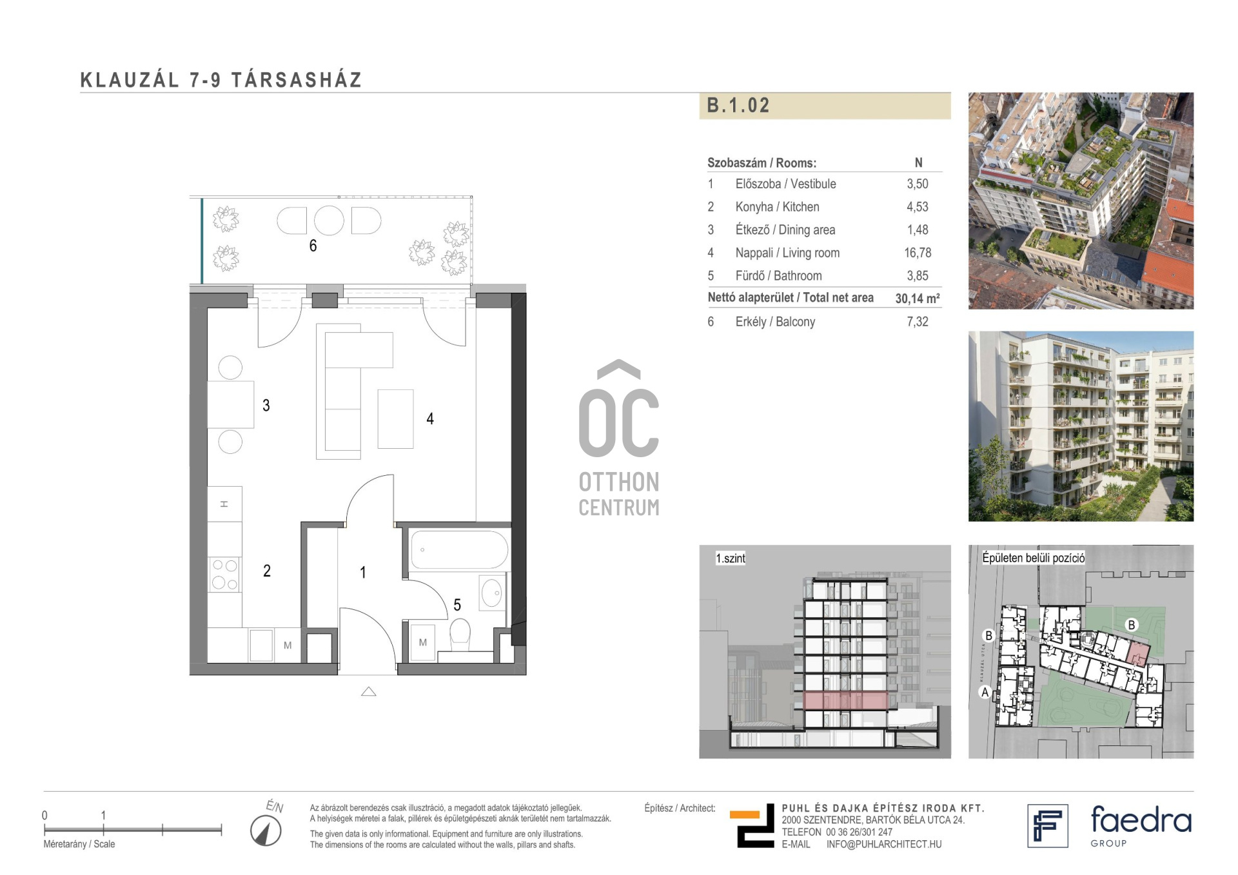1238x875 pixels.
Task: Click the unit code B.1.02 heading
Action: pos(738,105)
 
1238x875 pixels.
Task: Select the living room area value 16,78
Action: pos(918,253)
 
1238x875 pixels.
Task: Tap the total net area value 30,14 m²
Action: pos(917,298)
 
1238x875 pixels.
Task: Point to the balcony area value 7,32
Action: pos(918,322)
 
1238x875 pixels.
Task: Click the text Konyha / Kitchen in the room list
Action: pos(777,207)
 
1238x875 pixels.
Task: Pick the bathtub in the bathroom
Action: pos(459,549)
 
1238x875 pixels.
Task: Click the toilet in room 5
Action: pos(460,633)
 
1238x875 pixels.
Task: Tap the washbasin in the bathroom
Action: pos(492,593)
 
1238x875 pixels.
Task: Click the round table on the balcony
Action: pos(329,221)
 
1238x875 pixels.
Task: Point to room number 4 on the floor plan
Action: pos(430,418)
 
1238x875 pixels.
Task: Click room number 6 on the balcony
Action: pos(313,246)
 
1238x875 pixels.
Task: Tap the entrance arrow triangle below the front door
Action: pos(368,692)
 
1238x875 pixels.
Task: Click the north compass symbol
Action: pos(266,831)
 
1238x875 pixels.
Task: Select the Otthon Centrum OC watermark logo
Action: pos(619,438)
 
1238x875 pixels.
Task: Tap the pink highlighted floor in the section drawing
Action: pos(845,700)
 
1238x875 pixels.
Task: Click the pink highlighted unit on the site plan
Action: pos(1138,654)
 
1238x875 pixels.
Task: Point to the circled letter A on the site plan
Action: pos(985,693)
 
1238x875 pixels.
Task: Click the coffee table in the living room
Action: pos(395,418)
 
